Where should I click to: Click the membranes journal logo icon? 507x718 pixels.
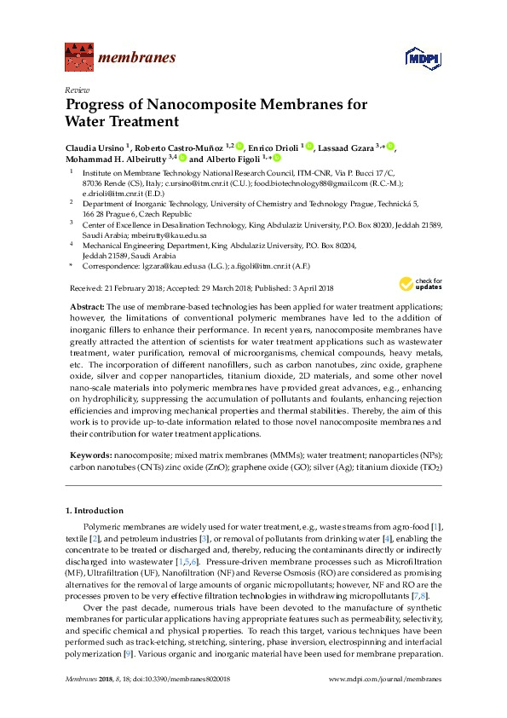coord(78,58)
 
